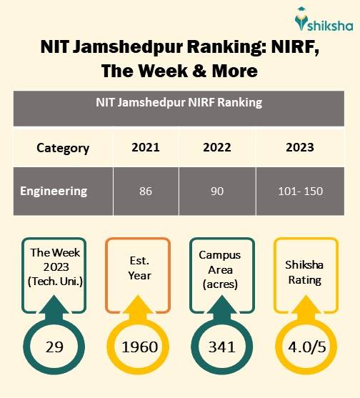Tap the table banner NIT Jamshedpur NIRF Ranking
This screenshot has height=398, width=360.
(x=179, y=103)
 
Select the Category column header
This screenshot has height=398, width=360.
(x=63, y=148)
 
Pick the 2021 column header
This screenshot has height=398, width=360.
(x=146, y=148)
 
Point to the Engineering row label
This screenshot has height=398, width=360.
(x=54, y=191)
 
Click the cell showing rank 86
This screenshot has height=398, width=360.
(x=146, y=191)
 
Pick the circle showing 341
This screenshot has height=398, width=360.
(x=221, y=347)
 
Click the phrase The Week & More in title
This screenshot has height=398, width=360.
(x=179, y=71)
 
